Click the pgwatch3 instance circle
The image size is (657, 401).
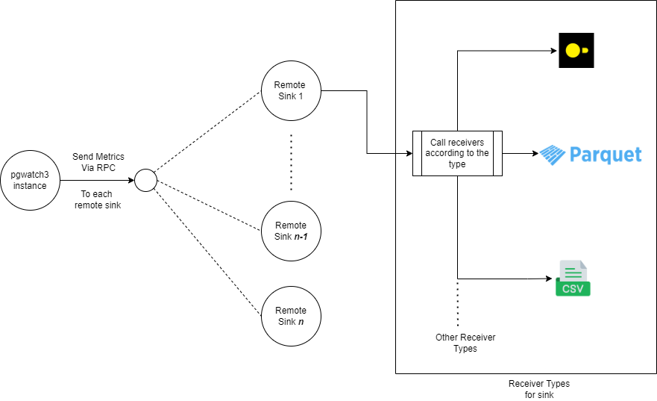[x=30, y=180]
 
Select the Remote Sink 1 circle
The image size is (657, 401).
[x=291, y=91]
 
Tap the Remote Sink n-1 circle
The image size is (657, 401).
[x=291, y=230]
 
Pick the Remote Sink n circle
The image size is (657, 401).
[x=291, y=316]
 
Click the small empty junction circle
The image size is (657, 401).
[x=145, y=180]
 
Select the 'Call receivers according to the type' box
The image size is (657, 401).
[x=457, y=153]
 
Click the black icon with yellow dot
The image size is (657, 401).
[x=576, y=51]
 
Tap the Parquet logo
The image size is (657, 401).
[x=591, y=155]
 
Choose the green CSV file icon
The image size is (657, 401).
[x=573, y=279]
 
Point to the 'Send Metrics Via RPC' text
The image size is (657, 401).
[x=98, y=162]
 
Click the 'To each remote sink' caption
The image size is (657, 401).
[x=98, y=199]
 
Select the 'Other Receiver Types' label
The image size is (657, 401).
[x=465, y=343]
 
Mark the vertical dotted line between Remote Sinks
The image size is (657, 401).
[x=291, y=162]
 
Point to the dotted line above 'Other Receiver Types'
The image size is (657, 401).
[x=457, y=302]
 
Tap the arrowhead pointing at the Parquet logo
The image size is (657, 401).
[x=534, y=154]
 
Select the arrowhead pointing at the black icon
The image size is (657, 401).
[x=554, y=51]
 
